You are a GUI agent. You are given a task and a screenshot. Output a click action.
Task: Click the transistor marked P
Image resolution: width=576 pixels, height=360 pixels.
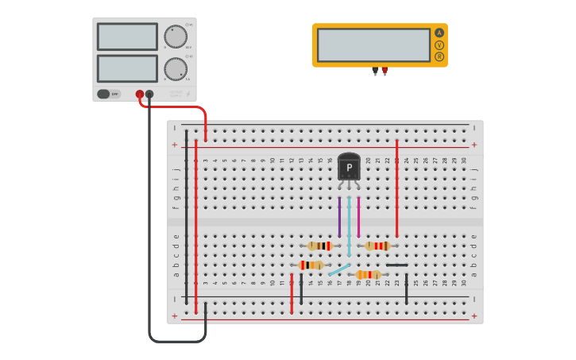[349, 167]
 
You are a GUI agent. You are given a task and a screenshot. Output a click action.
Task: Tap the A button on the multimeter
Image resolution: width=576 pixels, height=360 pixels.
[439, 33]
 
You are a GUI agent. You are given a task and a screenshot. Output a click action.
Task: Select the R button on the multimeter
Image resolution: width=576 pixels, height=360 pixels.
[439, 56]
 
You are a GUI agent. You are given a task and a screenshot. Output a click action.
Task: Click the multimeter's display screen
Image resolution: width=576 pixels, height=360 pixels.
[373, 45]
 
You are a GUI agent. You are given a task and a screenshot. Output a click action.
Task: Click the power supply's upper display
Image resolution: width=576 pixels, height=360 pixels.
[127, 37]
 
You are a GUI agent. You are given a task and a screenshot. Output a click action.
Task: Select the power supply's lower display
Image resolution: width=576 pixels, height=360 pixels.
[127, 68]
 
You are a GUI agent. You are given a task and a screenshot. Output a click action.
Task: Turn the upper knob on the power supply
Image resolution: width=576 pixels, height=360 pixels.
[176, 37]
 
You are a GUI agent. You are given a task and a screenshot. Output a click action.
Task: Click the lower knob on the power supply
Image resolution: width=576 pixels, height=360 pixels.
[176, 69]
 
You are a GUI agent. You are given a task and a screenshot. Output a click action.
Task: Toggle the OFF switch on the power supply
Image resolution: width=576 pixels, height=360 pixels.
[109, 94]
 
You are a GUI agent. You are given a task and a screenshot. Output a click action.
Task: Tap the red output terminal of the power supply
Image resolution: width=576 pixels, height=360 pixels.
[140, 94]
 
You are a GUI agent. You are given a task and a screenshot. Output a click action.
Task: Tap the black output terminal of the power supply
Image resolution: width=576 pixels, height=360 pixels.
[149, 94]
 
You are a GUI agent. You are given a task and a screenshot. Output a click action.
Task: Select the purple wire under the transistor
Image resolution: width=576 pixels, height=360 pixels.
[339, 217]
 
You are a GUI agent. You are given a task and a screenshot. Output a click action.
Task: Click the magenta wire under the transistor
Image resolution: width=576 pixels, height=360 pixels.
[358, 217]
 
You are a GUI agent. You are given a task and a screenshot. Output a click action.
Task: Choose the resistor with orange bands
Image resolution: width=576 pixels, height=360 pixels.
[367, 275]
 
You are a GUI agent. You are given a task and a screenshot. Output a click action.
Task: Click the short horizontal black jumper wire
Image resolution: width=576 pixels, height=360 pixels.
[397, 265]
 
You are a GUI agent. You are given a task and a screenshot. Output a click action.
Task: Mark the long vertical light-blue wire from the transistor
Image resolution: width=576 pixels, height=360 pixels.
[349, 226]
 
